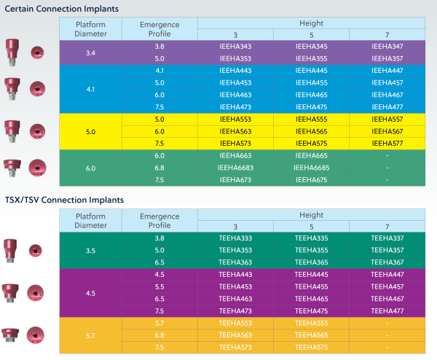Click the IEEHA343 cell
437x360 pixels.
[235, 47]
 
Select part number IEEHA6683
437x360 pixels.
[235, 168]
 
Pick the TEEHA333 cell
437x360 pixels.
[235, 238]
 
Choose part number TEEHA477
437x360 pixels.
[387, 311]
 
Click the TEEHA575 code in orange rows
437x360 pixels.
[311, 347]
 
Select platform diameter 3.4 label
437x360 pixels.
[90, 52]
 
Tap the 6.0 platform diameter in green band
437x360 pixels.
[90, 168]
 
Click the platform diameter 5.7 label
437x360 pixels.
[90, 335]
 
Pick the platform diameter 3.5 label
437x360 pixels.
[90, 250]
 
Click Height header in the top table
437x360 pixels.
[311, 23]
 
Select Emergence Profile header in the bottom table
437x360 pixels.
[160, 221]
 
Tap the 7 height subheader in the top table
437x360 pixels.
[387, 35]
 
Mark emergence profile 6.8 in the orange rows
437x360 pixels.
[160, 335]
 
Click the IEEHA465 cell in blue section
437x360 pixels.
[311, 95]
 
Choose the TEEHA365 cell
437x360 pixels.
[311, 262]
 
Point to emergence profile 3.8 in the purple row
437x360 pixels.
[160, 47]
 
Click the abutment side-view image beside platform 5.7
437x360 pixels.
[11, 335]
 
